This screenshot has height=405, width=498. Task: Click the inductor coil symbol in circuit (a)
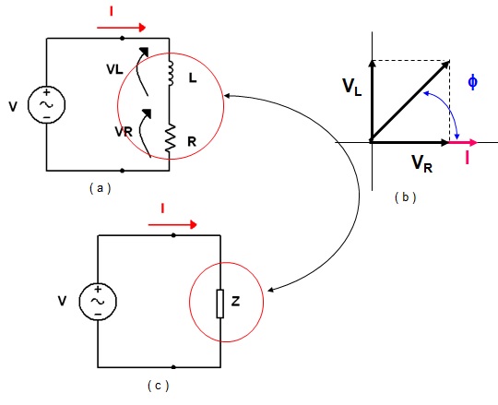click(x=171, y=74)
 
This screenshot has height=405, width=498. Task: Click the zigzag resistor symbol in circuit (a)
click(x=171, y=137)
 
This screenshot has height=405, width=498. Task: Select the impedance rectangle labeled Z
click(x=220, y=304)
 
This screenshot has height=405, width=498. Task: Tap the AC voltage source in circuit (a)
click(x=47, y=104)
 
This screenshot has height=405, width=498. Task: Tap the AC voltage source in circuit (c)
click(x=98, y=302)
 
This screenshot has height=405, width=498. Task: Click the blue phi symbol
click(x=472, y=82)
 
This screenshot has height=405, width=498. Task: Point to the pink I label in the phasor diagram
click(x=467, y=158)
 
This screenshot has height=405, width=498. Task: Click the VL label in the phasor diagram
click(x=352, y=87)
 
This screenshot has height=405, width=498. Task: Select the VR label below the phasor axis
click(x=422, y=163)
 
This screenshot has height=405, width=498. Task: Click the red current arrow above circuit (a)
click(x=122, y=28)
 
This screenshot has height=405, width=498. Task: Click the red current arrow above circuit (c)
click(x=172, y=225)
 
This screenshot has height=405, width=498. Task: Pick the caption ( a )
click(x=101, y=188)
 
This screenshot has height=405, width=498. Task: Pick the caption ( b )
click(x=405, y=197)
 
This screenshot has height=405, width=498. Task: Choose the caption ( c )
click(x=159, y=386)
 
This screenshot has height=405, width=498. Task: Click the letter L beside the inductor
click(x=193, y=77)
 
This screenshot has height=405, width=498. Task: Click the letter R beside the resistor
click(x=192, y=142)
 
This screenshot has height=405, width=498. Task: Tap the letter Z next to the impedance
click(x=235, y=301)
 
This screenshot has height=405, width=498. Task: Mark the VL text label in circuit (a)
click(x=114, y=69)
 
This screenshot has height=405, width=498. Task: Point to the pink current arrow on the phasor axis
click(x=462, y=143)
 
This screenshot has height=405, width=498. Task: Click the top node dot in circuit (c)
click(x=173, y=235)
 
